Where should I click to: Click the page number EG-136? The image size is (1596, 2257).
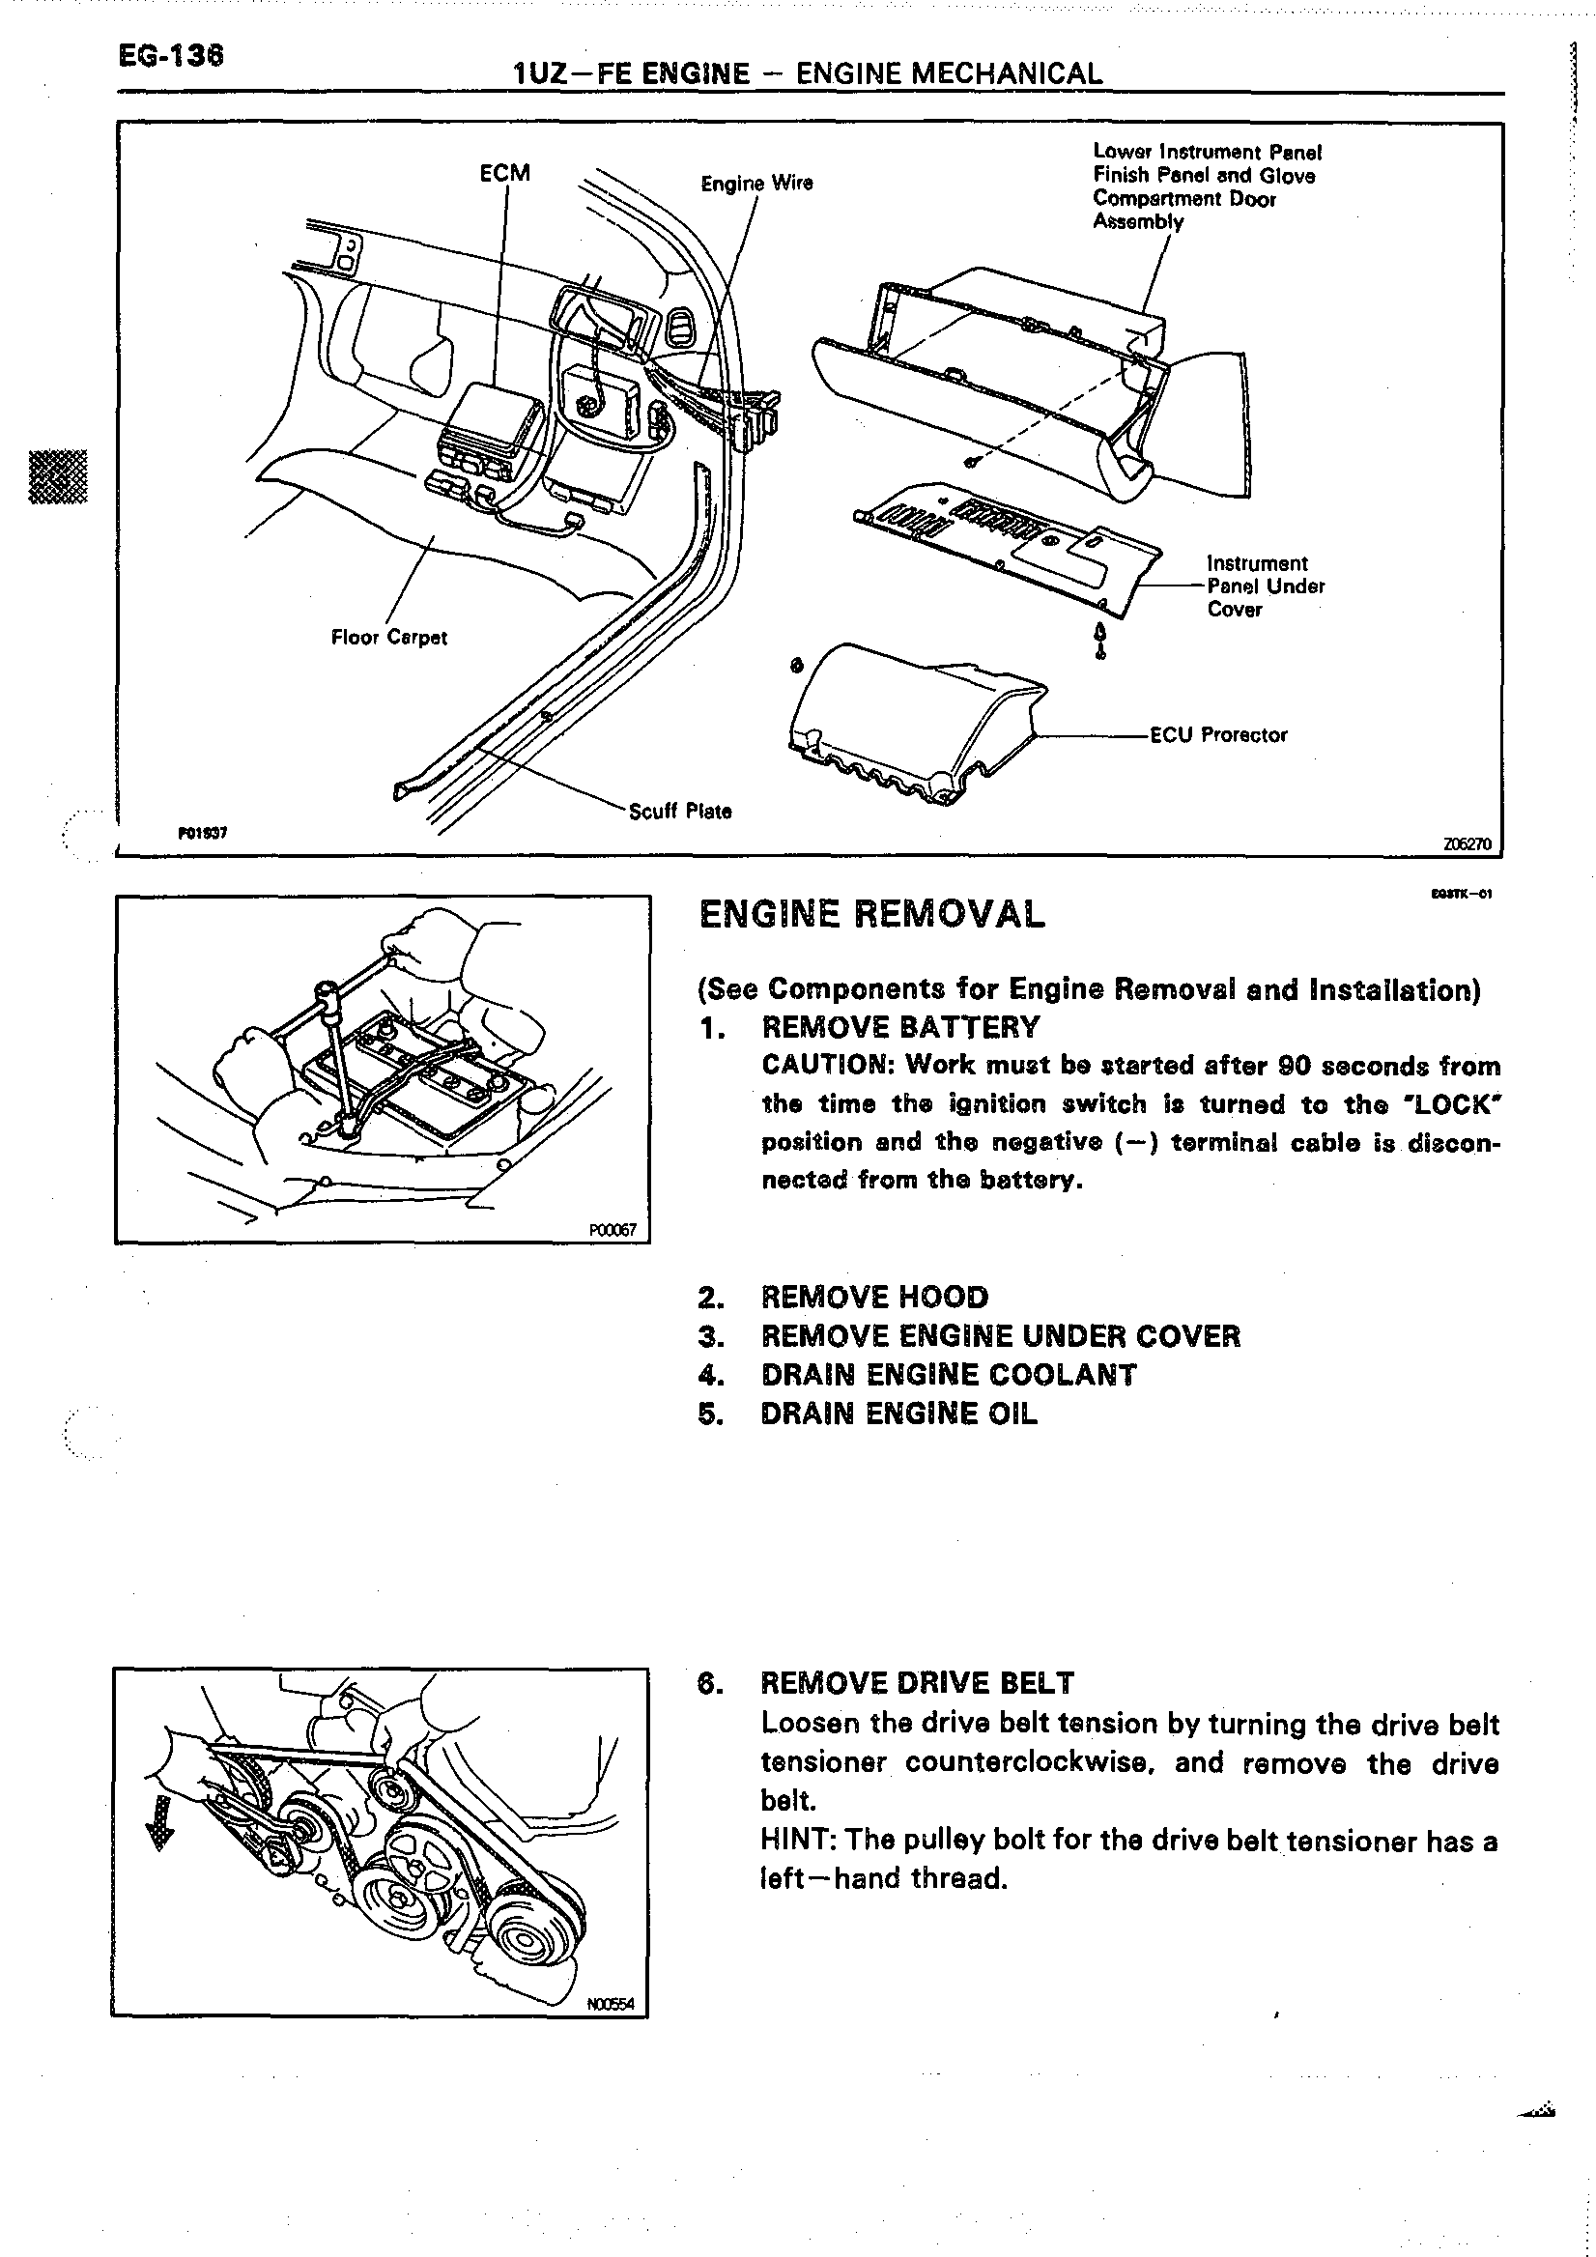pyautogui.click(x=171, y=56)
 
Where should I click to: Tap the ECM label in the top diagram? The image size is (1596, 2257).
pyautogui.click(x=504, y=173)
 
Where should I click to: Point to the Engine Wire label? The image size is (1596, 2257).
pyautogui.click(x=755, y=183)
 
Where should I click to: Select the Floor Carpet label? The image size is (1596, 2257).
pyautogui.click(x=388, y=637)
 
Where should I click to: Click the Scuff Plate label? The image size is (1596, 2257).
pyautogui.click(x=680, y=811)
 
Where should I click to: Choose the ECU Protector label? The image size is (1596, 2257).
pyautogui.click(x=1217, y=734)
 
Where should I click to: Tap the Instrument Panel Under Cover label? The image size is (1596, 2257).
pyautogui.click(x=1265, y=586)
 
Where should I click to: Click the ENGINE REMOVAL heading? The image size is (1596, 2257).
pyautogui.click(x=871, y=914)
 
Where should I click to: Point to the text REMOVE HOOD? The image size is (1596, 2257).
pyautogui.click(x=874, y=1297)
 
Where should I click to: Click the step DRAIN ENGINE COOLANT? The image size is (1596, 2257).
pyautogui.click(x=949, y=1374)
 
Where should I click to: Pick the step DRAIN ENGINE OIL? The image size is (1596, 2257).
pyautogui.click(x=898, y=1414)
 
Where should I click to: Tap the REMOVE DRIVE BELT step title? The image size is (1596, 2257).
pyautogui.click(x=917, y=1683)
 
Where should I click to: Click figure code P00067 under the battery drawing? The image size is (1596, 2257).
pyautogui.click(x=613, y=1230)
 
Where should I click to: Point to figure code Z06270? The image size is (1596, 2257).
pyautogui.click(x=1468, y=843)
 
